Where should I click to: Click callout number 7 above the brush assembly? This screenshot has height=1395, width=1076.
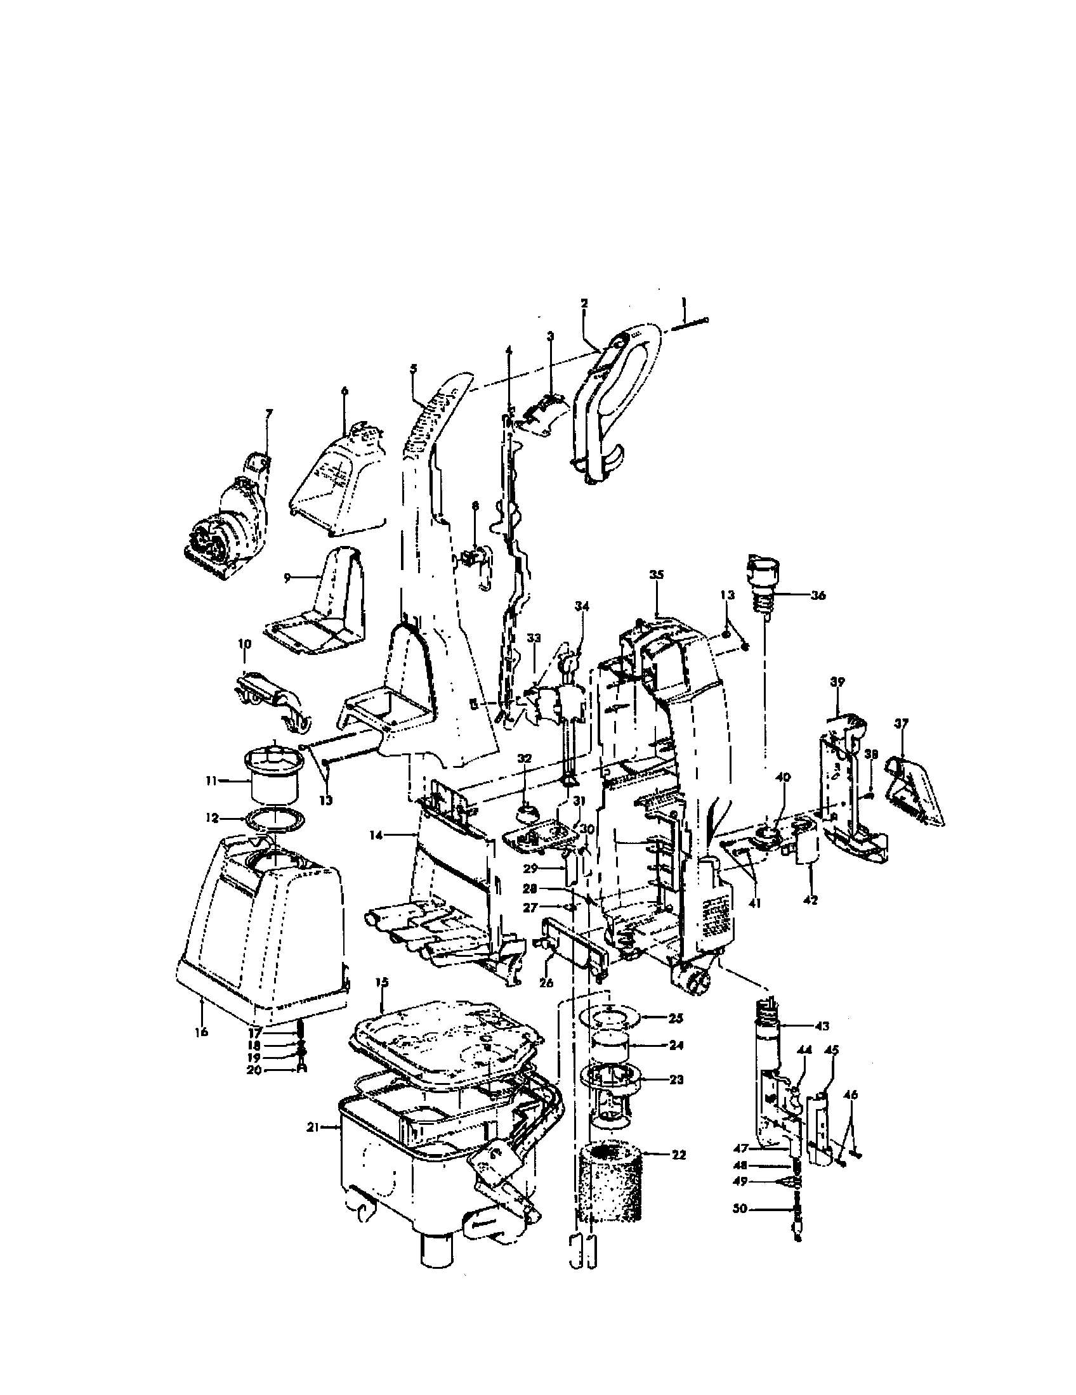tap(268, 414)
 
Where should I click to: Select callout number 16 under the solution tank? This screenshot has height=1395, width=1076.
tap(201, 1032)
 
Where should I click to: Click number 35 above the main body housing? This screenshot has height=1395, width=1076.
tap(656, 574)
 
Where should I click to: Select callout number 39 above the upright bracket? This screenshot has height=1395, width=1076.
tap(837, 682)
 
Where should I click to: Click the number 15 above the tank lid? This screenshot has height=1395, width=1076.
tap(381, 982)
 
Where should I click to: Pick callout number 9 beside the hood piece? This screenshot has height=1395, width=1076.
tap(287, 576)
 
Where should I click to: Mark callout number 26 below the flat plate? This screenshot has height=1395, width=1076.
tap(546, 983)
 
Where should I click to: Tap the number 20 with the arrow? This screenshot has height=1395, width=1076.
tap(254, 1070)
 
